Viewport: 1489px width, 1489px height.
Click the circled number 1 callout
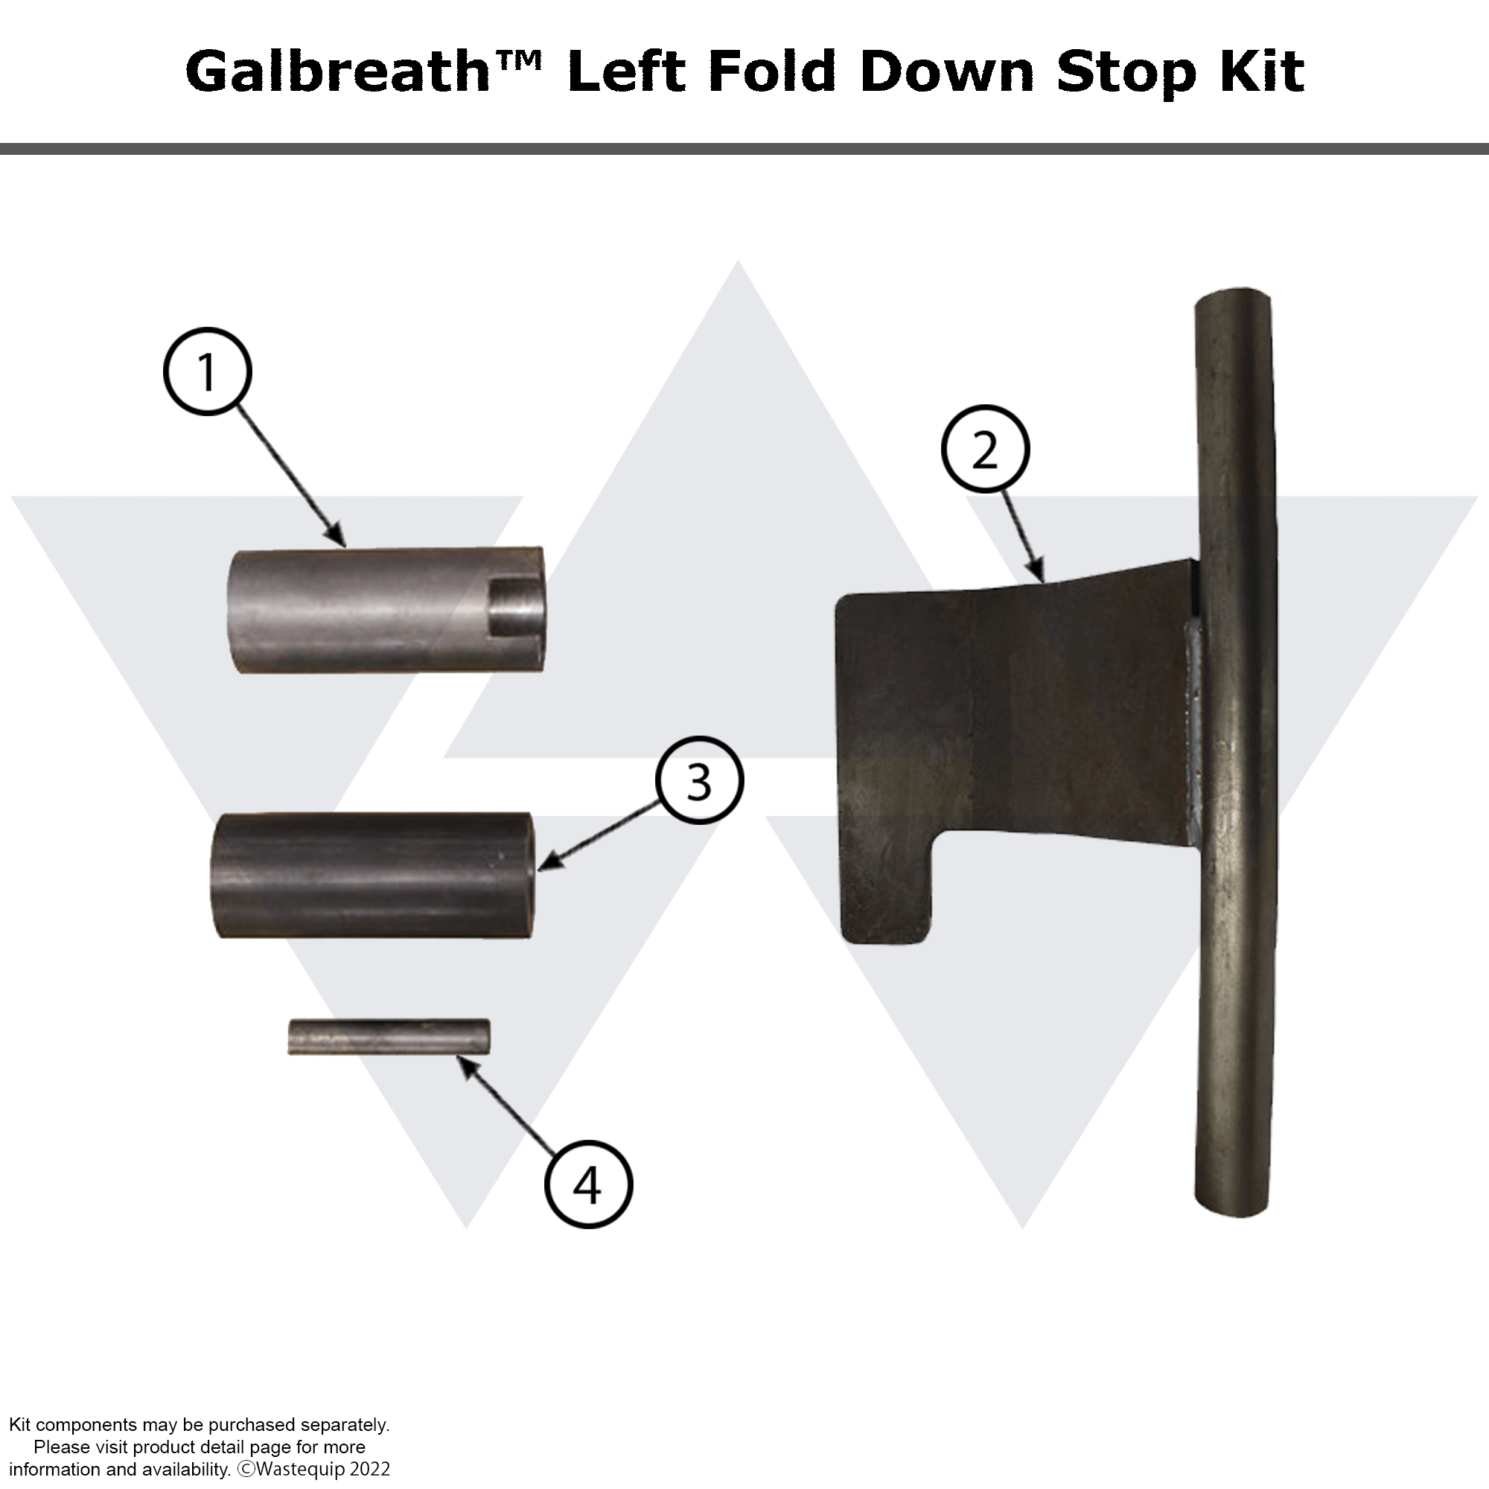[x=207, y=372]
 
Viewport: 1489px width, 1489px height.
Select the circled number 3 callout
[x=699, y=780]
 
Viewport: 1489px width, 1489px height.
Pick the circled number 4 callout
[x=588, y=1184]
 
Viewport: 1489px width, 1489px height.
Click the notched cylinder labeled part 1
[x=386, y=610]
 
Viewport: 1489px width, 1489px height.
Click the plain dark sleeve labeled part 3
[x=373, y=876]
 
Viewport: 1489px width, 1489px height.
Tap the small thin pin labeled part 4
[x=389, y=1036]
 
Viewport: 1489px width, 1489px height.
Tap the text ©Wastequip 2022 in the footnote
[x=313, y=1469]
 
